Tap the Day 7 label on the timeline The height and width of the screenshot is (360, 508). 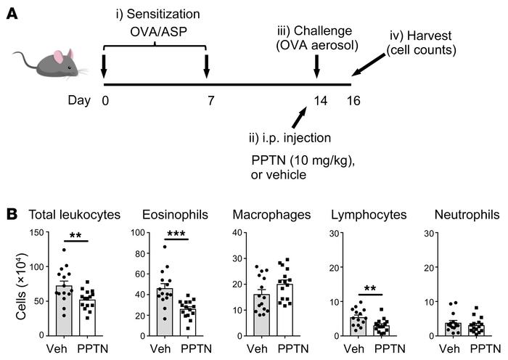210,100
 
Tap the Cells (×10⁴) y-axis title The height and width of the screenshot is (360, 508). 14,283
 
